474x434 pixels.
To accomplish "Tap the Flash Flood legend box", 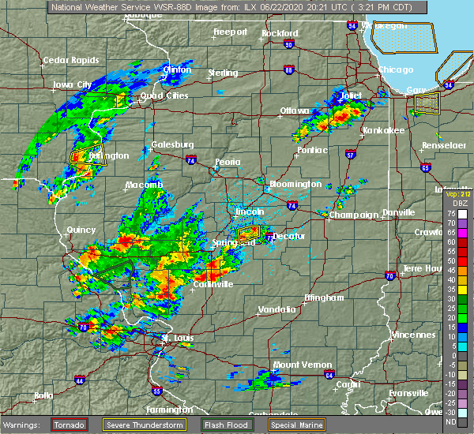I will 227,425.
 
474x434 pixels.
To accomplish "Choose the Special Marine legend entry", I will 297,425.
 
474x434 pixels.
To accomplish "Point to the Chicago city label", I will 395,69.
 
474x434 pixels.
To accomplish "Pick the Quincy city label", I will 82,230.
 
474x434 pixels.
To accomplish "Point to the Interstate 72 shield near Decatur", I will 269,236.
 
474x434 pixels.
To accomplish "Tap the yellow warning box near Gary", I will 427,103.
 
